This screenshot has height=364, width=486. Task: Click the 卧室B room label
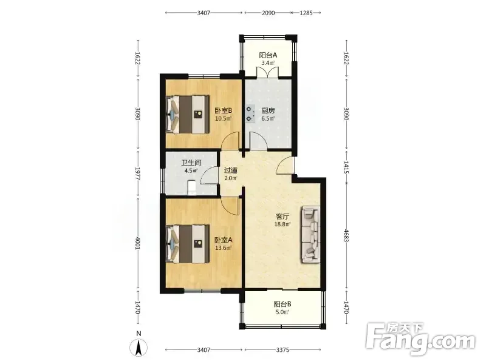tap(224, 110)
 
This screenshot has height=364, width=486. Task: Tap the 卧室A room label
tap(224, 240)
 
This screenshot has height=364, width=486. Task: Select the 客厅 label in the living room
tap(282, 217)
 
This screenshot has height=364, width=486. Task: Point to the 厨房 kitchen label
tap(268, 110)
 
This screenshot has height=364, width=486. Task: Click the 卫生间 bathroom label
tap(191, 163)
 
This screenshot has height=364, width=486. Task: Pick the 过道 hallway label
tap(231, 170)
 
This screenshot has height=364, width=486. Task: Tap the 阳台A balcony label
tap(268, 55)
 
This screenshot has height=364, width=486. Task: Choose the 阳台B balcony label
tap(282, 304)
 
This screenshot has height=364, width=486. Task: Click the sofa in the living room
tap(310, 235)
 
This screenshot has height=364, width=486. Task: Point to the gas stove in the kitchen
tap(250, 114)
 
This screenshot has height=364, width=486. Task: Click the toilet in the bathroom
tap(192, 187)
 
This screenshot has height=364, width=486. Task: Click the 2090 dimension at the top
tap(268, 13)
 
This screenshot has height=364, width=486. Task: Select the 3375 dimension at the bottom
tap(282, 350)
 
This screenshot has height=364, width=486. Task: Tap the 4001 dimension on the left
tap(139, 244)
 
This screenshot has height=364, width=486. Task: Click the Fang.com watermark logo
tap(420, 339)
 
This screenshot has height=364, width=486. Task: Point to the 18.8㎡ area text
tap(282, 224)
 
